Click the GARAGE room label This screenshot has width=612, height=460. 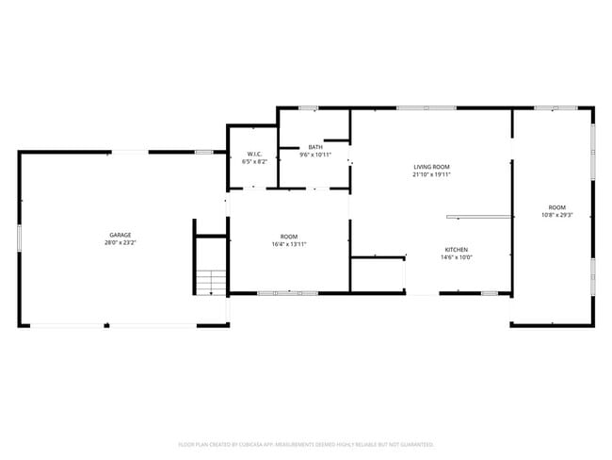point(120,235)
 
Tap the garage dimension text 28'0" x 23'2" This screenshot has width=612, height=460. point(120,243)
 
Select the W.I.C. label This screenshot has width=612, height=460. point(254,154)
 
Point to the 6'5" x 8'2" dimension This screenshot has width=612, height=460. point(254,161)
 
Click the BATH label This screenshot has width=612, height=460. point(315,147)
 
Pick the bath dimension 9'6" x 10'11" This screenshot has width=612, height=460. point(315,155)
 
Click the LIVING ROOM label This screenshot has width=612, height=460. point(432,167)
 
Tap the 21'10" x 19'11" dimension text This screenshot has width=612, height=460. point(432,174)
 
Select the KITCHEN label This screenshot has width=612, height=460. point(458,250)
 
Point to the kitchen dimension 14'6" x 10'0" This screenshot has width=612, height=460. point(458,257)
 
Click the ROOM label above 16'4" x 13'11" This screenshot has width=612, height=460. point(288,237)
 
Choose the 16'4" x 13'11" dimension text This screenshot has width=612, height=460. point(288,244)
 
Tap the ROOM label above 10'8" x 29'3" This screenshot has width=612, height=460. point(557,206)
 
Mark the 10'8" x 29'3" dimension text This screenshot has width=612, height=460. point(557,215)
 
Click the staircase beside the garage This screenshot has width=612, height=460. point(211,281)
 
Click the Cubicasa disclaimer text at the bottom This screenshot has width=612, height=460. point(306,444)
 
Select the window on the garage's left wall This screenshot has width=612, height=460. point(19,236)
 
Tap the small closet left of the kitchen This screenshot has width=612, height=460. point(378,274)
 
